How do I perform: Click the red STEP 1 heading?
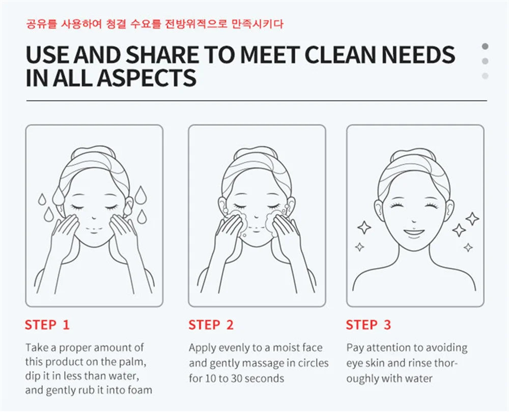47,325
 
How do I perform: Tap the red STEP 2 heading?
211,325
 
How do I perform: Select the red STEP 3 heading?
369,325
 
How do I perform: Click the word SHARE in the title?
162,54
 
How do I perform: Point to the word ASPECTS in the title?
147,78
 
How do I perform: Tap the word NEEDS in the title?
418,54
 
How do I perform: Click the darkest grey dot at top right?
485,46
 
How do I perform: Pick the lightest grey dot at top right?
485,76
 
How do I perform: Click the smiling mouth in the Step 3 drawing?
414,232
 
